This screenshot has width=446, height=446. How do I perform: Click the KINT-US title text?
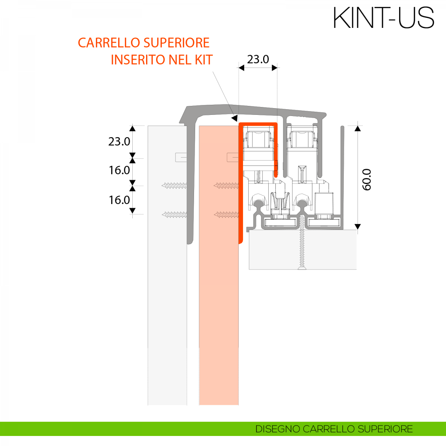tap(384, 17)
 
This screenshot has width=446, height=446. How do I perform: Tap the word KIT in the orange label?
tap(204, 59)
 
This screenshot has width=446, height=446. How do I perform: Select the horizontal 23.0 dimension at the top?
tap(258, 59)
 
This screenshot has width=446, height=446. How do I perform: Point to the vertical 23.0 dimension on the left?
tap(119, 142)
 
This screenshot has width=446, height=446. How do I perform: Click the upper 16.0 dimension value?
tap(119, 170)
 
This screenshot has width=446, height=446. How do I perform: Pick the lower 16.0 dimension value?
tap(119, 200)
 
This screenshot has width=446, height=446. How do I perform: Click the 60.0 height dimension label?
tap(367, 180)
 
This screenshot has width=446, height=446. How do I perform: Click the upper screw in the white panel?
tap(174, 185)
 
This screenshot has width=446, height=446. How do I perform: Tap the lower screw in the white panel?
tap(174, 214)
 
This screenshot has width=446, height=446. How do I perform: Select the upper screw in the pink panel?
tap(226, 185)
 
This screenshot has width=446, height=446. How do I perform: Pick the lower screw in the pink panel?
tap(226, 214)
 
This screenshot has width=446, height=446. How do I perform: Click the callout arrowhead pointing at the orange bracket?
tap(234, 118)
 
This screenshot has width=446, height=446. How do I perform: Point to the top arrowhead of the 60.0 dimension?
tap(358, 129)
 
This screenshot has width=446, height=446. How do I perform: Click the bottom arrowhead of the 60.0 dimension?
tap(358, 226)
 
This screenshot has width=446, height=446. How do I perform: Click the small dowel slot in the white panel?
tap(181, 157)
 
